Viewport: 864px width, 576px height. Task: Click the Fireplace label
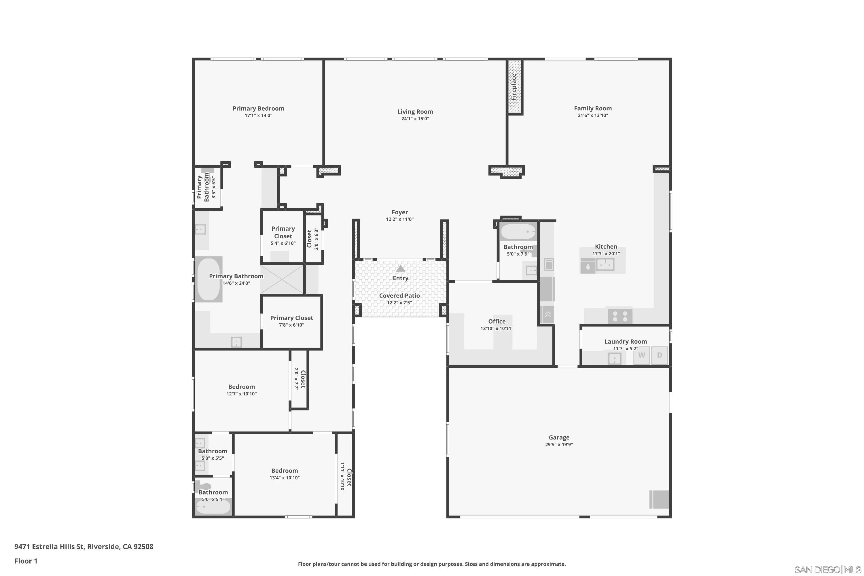click(x=514, y=87)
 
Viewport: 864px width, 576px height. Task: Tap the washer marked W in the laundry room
click(x=641, y=355)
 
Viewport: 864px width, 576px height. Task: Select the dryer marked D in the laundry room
click(x=660, y=355)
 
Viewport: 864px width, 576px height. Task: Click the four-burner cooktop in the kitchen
click(x=620, y=316)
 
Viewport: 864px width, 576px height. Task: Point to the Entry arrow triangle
click(x=400, y=268)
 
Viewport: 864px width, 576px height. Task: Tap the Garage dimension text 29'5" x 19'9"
click(x=559, y=444)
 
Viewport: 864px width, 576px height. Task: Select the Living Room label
click(x=415, y=112)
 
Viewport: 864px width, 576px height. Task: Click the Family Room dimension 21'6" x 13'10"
click(x=592, y=115)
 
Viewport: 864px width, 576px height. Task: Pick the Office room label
click(x=497, y=321)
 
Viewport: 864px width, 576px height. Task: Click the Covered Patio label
click(x=399, y=296)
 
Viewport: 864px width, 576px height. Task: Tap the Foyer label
click(x=400, y=212)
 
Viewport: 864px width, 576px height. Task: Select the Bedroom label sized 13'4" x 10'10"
click(x=284, y=471)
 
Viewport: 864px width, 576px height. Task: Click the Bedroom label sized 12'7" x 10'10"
click(x=241, y=387)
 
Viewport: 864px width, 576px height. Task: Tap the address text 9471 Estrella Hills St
click(x=84, y=547)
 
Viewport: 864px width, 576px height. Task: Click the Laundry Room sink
click(x=614, y=359)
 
